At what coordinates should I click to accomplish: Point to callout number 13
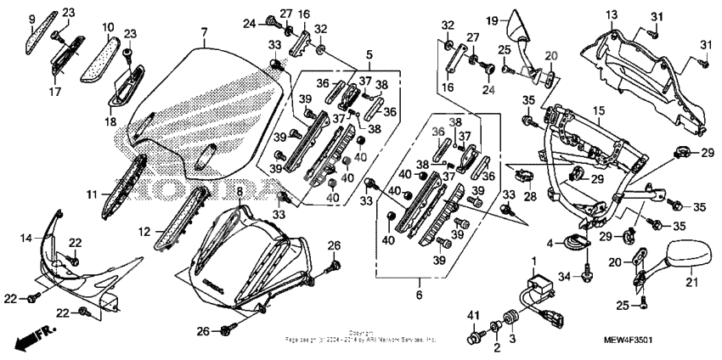(x=612, y=15)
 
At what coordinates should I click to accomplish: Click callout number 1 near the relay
(x=533, y=258)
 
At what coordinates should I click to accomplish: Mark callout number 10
(x=108, y=27)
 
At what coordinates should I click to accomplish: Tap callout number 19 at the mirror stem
(x=491, y=19)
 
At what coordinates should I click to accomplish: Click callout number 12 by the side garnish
(x=145, y=231)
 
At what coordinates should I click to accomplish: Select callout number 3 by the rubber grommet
(x=512, y=338)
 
